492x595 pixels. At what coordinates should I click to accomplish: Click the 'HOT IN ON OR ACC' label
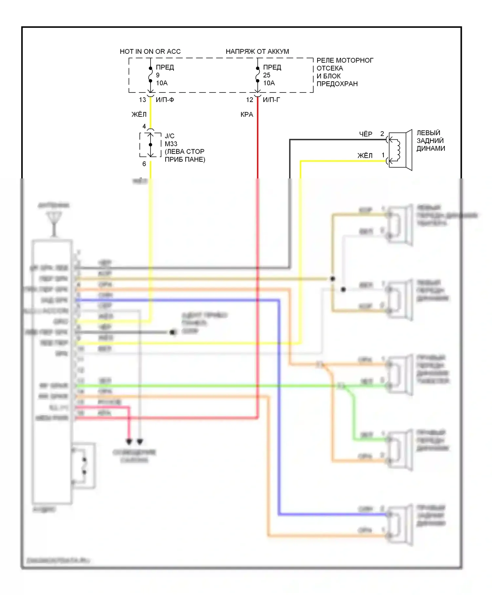click(150, 51)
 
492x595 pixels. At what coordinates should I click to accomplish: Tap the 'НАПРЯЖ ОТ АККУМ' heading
click(257, 51)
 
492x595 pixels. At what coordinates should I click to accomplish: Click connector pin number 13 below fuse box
click(142, 100)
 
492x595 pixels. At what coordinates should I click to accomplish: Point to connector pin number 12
click(250, 100)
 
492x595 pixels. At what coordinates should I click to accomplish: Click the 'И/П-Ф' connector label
click(165, 100)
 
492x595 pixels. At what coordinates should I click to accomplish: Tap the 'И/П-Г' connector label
click(272, 100)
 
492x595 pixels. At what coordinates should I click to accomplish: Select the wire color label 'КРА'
click(247, 114)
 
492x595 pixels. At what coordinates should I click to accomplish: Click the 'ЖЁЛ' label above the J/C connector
click(139, 114)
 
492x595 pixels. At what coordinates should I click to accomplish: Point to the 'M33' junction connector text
click(171, 144)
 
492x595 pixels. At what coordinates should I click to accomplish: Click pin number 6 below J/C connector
click(144, 164)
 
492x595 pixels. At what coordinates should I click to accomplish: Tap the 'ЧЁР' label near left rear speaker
click(366, 134)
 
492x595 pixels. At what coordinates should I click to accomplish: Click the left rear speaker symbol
click(400, 150)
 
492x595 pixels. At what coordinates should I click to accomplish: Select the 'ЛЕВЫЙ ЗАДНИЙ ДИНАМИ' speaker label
click(431, 141)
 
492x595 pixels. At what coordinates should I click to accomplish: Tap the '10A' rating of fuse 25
click(269, 83)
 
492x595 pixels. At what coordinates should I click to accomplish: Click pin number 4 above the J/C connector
click(144, 126)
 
